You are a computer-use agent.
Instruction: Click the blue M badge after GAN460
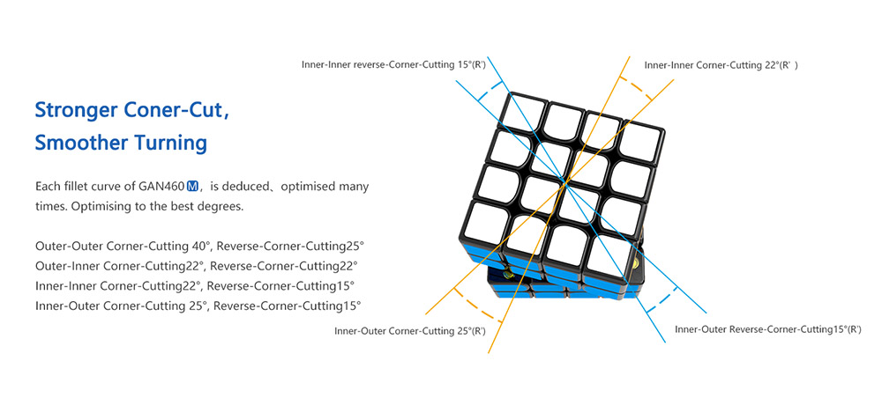click(192, 187)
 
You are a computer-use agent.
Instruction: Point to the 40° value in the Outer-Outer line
click(200, 246)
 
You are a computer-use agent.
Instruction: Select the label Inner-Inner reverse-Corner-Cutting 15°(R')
click(393, 64)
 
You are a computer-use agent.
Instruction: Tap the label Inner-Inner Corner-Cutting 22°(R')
click(721, 65)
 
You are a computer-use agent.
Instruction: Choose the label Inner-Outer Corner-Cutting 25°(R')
click(410, 330)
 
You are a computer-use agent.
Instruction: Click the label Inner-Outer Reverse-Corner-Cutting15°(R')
click(768, 329)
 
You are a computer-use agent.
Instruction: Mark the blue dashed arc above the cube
click(489, 91)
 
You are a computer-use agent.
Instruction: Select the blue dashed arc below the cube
click(661, 300)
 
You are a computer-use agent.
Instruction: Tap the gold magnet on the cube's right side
click(637, 265)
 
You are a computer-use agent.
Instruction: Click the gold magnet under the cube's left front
click(509, 275)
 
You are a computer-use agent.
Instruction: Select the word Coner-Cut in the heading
click(183, 109)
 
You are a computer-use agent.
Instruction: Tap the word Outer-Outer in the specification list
click(68, 246)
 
